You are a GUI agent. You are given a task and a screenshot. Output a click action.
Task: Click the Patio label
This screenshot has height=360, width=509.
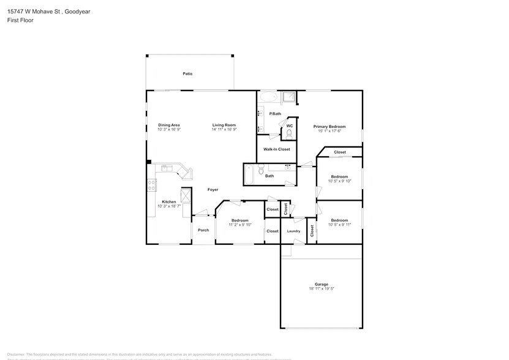click(187, 73)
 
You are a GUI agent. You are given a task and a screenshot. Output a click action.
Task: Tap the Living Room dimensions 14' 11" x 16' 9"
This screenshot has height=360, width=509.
click(224, 130)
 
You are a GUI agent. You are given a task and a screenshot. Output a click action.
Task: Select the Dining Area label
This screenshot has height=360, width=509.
click(168, 125)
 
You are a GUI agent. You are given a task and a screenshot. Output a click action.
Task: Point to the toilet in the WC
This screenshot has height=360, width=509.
click(289, 132)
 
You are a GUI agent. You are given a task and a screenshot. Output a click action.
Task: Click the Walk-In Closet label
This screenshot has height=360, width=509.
click(276, 149)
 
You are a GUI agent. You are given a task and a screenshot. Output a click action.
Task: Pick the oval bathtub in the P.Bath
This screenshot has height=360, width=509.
click(268, 97)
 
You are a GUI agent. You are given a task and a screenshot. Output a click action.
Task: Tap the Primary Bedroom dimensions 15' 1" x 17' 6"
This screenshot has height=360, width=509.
click(330, 130)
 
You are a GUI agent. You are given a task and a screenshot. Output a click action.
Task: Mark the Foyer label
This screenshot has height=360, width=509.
click(213, 190)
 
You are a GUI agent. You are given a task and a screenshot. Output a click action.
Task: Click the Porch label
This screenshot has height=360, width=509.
click(203, 230)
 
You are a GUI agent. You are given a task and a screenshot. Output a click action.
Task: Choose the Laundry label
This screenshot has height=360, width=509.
click(293, 231)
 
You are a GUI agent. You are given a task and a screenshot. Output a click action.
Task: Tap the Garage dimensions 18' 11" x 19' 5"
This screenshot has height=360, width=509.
click(322, 288)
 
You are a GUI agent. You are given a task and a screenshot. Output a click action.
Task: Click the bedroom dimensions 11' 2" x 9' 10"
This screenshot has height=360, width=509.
click(239, 225)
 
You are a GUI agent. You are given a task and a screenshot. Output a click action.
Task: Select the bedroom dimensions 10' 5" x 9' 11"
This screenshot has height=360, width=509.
click(339, 225)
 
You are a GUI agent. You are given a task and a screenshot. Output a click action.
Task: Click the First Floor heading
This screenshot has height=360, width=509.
click(21, 20)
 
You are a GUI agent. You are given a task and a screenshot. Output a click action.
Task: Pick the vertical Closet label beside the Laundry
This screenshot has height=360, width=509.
click(312, 231)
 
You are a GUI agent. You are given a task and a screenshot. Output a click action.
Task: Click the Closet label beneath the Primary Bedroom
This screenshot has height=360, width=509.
click(339, 152)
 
